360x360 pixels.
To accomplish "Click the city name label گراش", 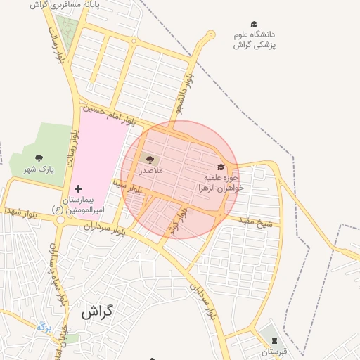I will click(x=97, y=311).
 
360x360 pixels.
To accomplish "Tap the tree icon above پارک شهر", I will click(x=38, y=158).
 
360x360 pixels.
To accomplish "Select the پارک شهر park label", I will click(x=38, y=169).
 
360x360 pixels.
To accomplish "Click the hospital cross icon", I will click(x=78, y=188).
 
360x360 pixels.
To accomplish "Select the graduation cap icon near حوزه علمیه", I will click(x=221, y=167).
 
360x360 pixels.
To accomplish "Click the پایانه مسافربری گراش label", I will click(x=65, y=4).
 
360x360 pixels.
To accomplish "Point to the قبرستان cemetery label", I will click(x=270, y=352).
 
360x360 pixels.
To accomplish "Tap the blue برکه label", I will click(x=44, y=326).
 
